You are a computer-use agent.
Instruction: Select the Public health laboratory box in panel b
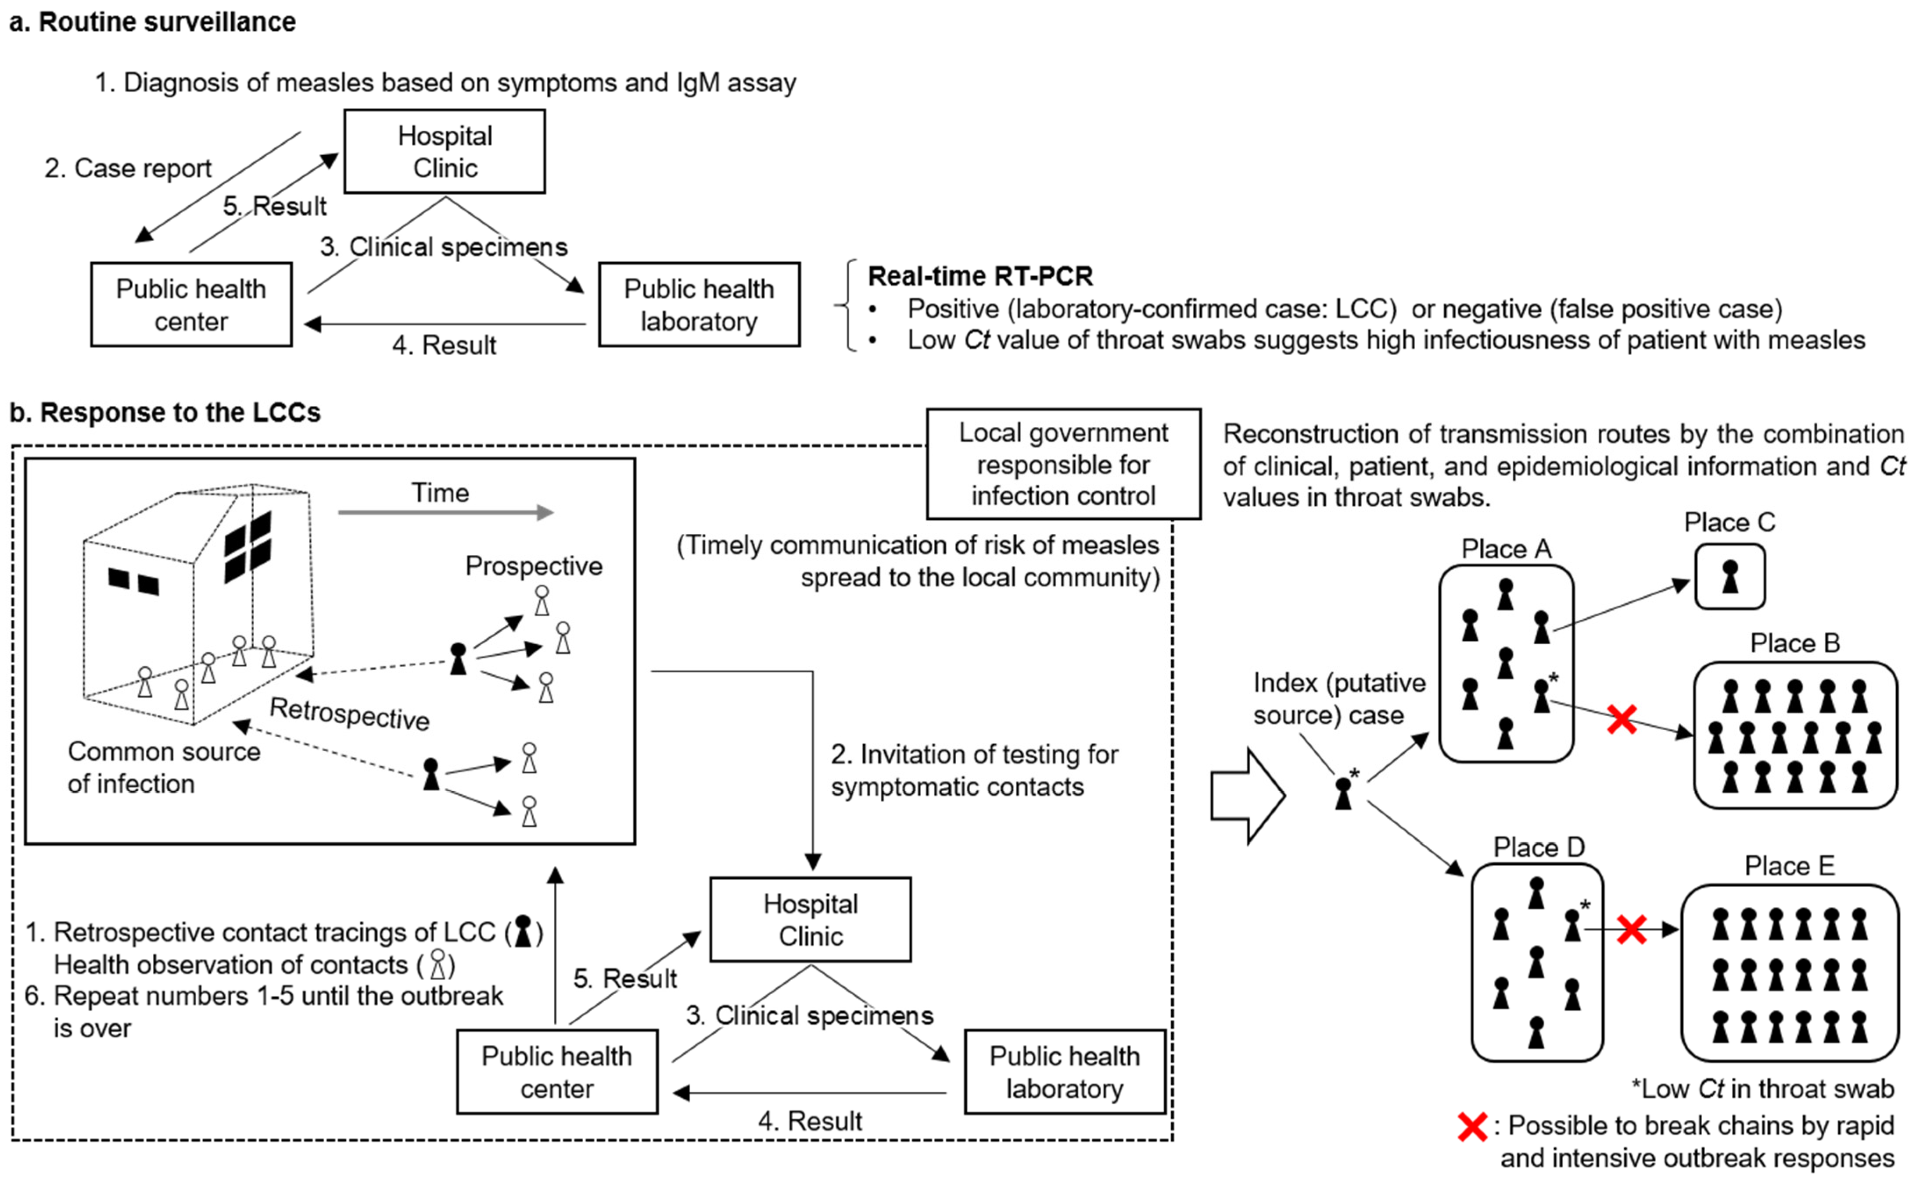(1064, 1072)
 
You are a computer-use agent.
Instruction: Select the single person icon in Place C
(1730, 577)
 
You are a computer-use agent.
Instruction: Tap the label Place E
(1789, 865)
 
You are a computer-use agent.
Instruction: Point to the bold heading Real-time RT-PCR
(980, 276)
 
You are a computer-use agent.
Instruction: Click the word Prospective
(533, 565)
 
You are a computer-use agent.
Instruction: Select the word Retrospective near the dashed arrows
(350, 714)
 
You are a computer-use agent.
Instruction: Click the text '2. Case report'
(127, 168)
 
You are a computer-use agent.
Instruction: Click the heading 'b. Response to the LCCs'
(165, 412)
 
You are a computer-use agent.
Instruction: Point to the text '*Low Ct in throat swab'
(1762, 1088)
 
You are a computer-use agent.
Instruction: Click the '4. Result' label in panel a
(443, 345)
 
